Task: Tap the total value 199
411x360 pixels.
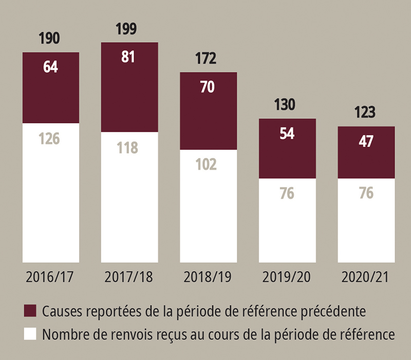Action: coord(126,29)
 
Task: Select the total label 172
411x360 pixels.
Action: coord(207,59)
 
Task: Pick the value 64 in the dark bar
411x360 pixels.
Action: coord(50,67)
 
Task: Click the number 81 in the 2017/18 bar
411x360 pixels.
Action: coord(128,57)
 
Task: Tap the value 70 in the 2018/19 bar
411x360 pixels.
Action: coord(208,86)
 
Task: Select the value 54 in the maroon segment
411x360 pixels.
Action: coord(287,133)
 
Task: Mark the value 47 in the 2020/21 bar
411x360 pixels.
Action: coord(366,141)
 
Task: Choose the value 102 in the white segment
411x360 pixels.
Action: coord(207,166)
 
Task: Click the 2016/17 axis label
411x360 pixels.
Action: coord(50,278)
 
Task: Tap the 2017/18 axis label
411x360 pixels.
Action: coord(129,278)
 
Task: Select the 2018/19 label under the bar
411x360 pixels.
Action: coord(208,278)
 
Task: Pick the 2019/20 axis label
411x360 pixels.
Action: coord(287,278)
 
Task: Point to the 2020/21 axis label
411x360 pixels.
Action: coord(365,278)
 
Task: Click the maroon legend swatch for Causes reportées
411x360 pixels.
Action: coord(30,311)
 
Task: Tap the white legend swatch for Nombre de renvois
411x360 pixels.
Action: coord(30,334)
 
